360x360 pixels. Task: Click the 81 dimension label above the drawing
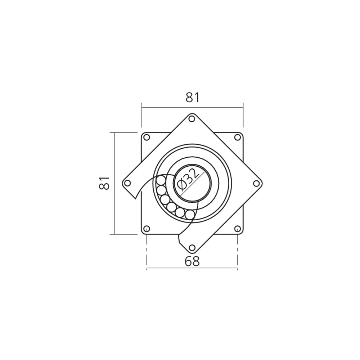coord(192,98)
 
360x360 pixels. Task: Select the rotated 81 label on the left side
coord(104,183)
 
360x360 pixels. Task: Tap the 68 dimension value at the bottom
coord(192,261)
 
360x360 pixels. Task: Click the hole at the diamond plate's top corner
coord(192,118)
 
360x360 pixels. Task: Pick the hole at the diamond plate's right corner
coord(256,183)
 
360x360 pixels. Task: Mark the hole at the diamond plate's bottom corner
coord(192,248)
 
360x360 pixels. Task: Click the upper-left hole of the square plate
coord(147,137)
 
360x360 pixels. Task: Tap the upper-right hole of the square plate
coord(237,137)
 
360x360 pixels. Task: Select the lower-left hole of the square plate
coord(147,229)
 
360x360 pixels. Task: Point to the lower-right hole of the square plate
coord(237,229)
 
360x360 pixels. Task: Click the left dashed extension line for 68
coord(147,252)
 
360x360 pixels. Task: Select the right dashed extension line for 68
coord(237,252)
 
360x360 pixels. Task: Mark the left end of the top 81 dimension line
coord(141,107)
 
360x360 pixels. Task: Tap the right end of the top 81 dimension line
coord(243,107)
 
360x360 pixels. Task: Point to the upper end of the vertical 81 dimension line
coord(114,132)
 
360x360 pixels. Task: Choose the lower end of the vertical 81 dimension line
coord(114,234)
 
